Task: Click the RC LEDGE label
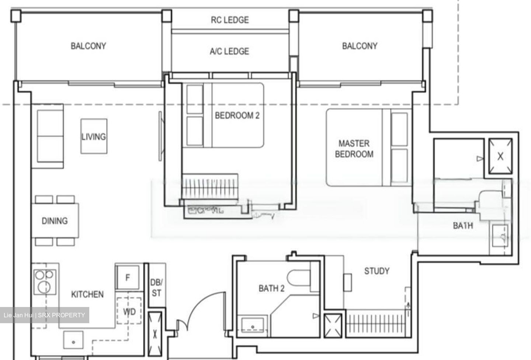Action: coord(230,20)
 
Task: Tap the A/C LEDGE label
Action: coord(229,51)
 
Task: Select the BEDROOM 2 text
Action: coord(237,116)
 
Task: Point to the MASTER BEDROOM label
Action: coord(354,149)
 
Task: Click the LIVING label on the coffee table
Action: coord(94,137)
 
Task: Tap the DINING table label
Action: coord(55,221)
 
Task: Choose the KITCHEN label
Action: coord(87,294)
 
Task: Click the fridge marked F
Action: coord(128,277)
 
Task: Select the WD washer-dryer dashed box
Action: coord(129,312)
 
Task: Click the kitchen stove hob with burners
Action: coord(45,282)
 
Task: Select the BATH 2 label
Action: coord(271,288)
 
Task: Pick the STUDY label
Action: coord(376,271)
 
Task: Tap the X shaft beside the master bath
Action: coord(500,156)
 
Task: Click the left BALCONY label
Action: coord(88,46)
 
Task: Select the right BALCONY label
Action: coord(360,46)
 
